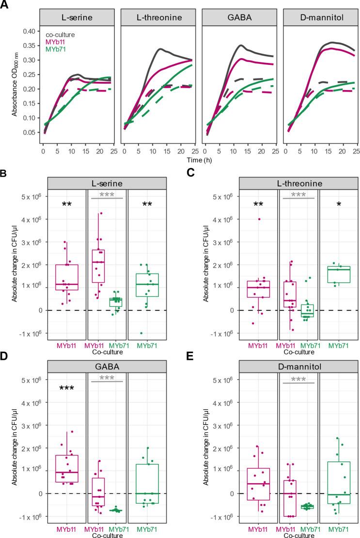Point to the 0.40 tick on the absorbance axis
(x=29, y=31)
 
